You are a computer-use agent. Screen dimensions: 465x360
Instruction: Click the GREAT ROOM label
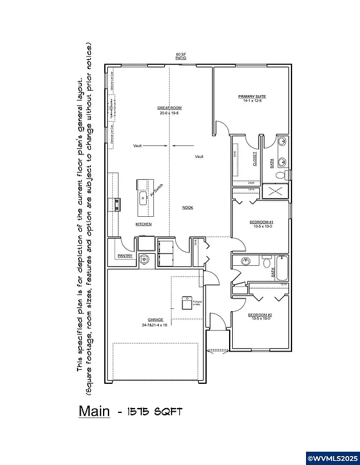[170, 108]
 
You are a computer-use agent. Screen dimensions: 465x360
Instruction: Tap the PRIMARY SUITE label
[252, 97]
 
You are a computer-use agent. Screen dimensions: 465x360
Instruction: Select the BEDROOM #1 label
[261, 222]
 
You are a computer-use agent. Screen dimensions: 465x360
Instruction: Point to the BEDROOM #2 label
[261, 315]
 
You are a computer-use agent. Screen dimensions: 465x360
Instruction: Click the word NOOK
[188, 208]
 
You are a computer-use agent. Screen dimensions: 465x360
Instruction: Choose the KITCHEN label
[144, 224]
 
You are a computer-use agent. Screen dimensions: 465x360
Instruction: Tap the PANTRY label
[125, 256]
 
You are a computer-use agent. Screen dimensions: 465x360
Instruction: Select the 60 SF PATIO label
[180, 56]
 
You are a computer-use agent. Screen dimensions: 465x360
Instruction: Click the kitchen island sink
[143, 197]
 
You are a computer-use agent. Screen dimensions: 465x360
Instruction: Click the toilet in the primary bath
[280, 176]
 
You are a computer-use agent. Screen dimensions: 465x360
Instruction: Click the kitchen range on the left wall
[114, 205]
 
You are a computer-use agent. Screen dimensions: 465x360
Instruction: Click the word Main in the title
[94, 412]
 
